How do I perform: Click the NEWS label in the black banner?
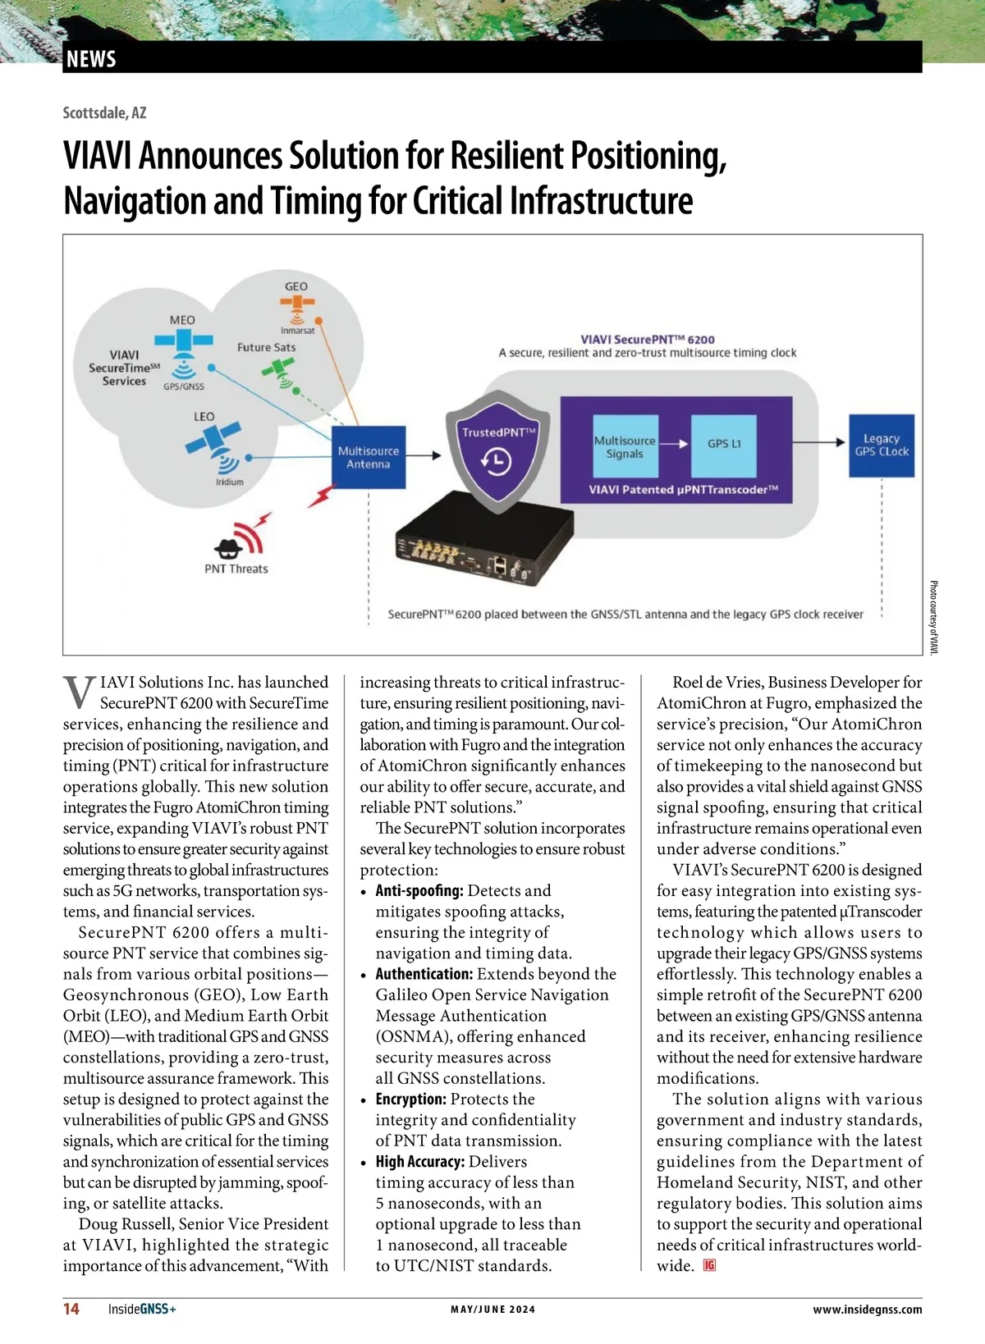91,59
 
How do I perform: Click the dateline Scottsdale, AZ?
104,112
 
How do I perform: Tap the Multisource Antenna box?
368,457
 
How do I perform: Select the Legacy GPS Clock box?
882,446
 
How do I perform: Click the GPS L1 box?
724,444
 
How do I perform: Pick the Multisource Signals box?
625,447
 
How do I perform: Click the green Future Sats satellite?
277,370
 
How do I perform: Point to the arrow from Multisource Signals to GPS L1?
673,444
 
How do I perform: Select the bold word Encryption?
410,1099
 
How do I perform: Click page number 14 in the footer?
71,1309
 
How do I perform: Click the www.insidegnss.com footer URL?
867,1310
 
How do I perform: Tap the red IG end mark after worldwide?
709,1265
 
